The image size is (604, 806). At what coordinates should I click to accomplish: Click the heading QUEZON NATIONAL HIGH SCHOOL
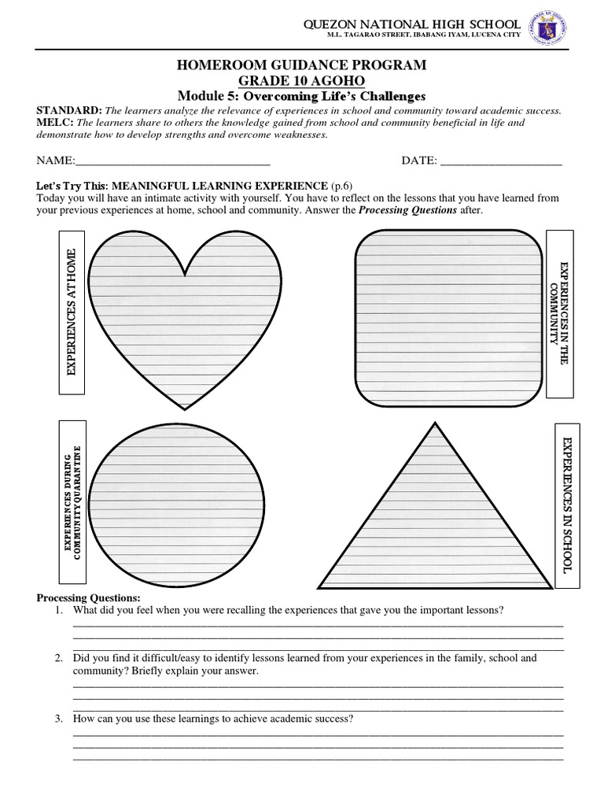(412, 25)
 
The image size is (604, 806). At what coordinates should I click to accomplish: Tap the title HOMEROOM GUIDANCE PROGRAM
(302, 65)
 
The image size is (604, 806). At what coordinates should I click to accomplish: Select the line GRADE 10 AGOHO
(302, 81)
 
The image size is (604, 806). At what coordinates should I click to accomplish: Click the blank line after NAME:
(172, 161)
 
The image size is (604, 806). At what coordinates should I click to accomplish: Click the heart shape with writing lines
(184, 315)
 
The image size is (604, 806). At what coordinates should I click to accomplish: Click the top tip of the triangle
(433, 424)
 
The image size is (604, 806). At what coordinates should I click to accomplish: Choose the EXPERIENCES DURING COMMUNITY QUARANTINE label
(72, 501)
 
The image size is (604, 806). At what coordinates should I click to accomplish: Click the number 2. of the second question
(59, 658)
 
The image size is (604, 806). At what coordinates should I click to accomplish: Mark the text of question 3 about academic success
(212, 719)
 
